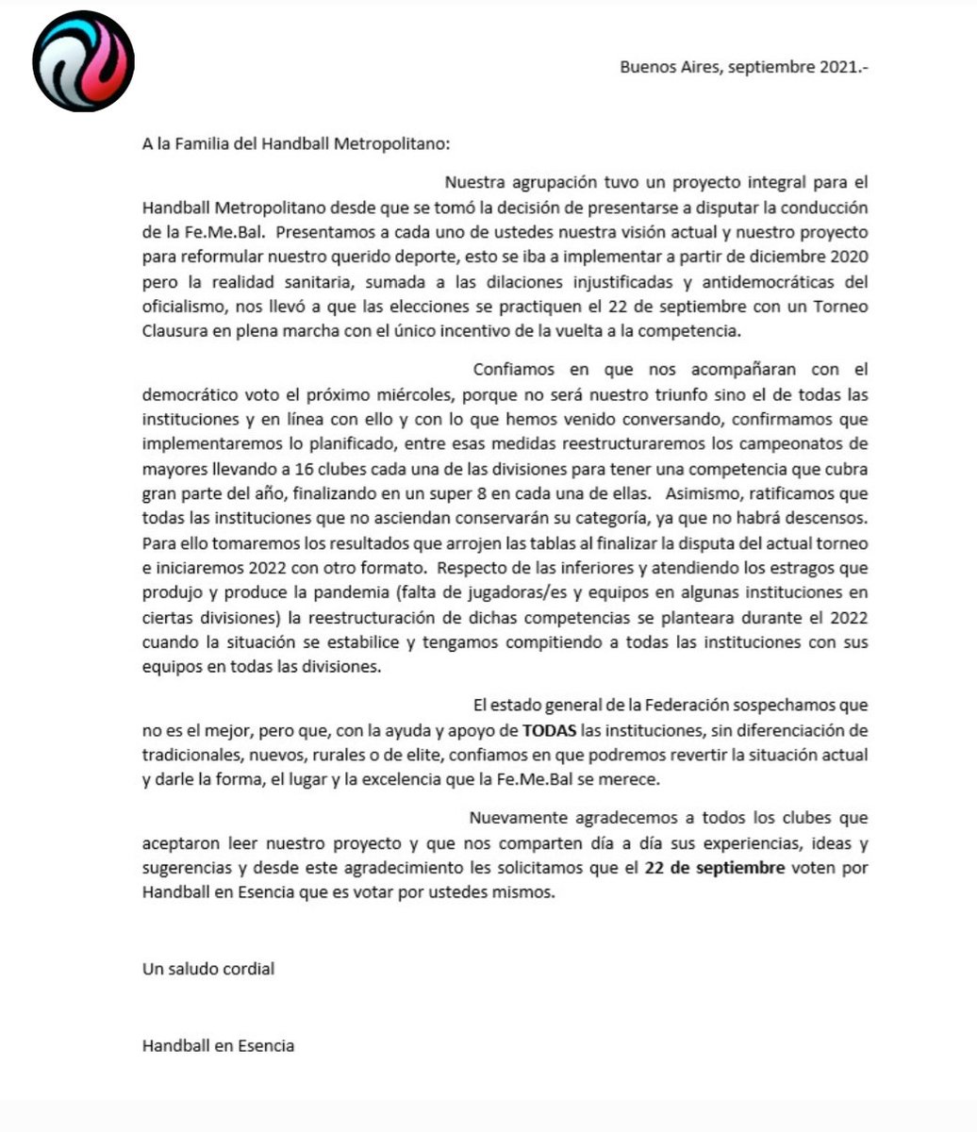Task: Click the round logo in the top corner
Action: pyautogui.click(x=83, y=61)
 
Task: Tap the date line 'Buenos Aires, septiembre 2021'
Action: pyautogui.click(x=743, y=68)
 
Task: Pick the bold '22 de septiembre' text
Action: pyautogui.click(x=715, y=869)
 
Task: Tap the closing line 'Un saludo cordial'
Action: pyautogui.click(x=208, y=969)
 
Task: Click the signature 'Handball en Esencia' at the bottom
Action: pyautogui.click(x=218, y=1045)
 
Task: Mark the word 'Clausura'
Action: pyautogui.click(x=174, y=331)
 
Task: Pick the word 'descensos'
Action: pyautogui.click(x=831, y=518)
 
